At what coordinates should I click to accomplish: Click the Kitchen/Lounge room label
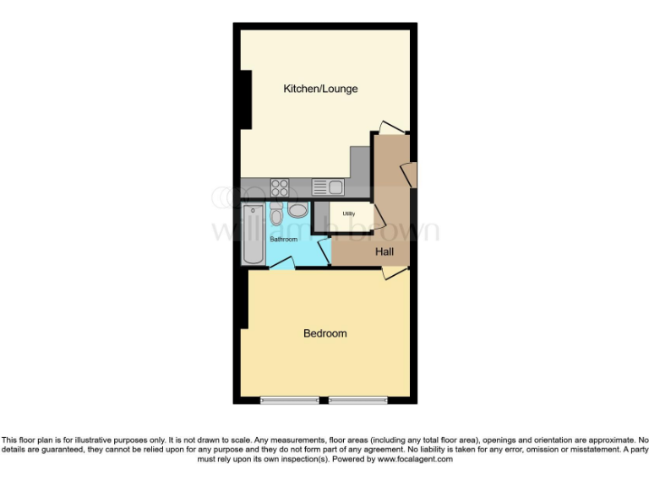coord(320,89)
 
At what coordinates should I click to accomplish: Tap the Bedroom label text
coord(325,333)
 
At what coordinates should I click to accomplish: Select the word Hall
coord(385,251)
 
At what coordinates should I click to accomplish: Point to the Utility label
coord(348,213)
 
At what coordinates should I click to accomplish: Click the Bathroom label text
coord(284,240)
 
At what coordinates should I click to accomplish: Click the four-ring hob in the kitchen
coord(281,186)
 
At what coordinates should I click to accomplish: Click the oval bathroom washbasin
coord(298,211)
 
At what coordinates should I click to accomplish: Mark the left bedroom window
coord(290,399)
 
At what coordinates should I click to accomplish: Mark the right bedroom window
coord(357,399)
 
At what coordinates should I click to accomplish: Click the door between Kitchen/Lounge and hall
coord(391,127)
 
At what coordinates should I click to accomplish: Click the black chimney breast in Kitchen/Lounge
coord(247,100)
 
